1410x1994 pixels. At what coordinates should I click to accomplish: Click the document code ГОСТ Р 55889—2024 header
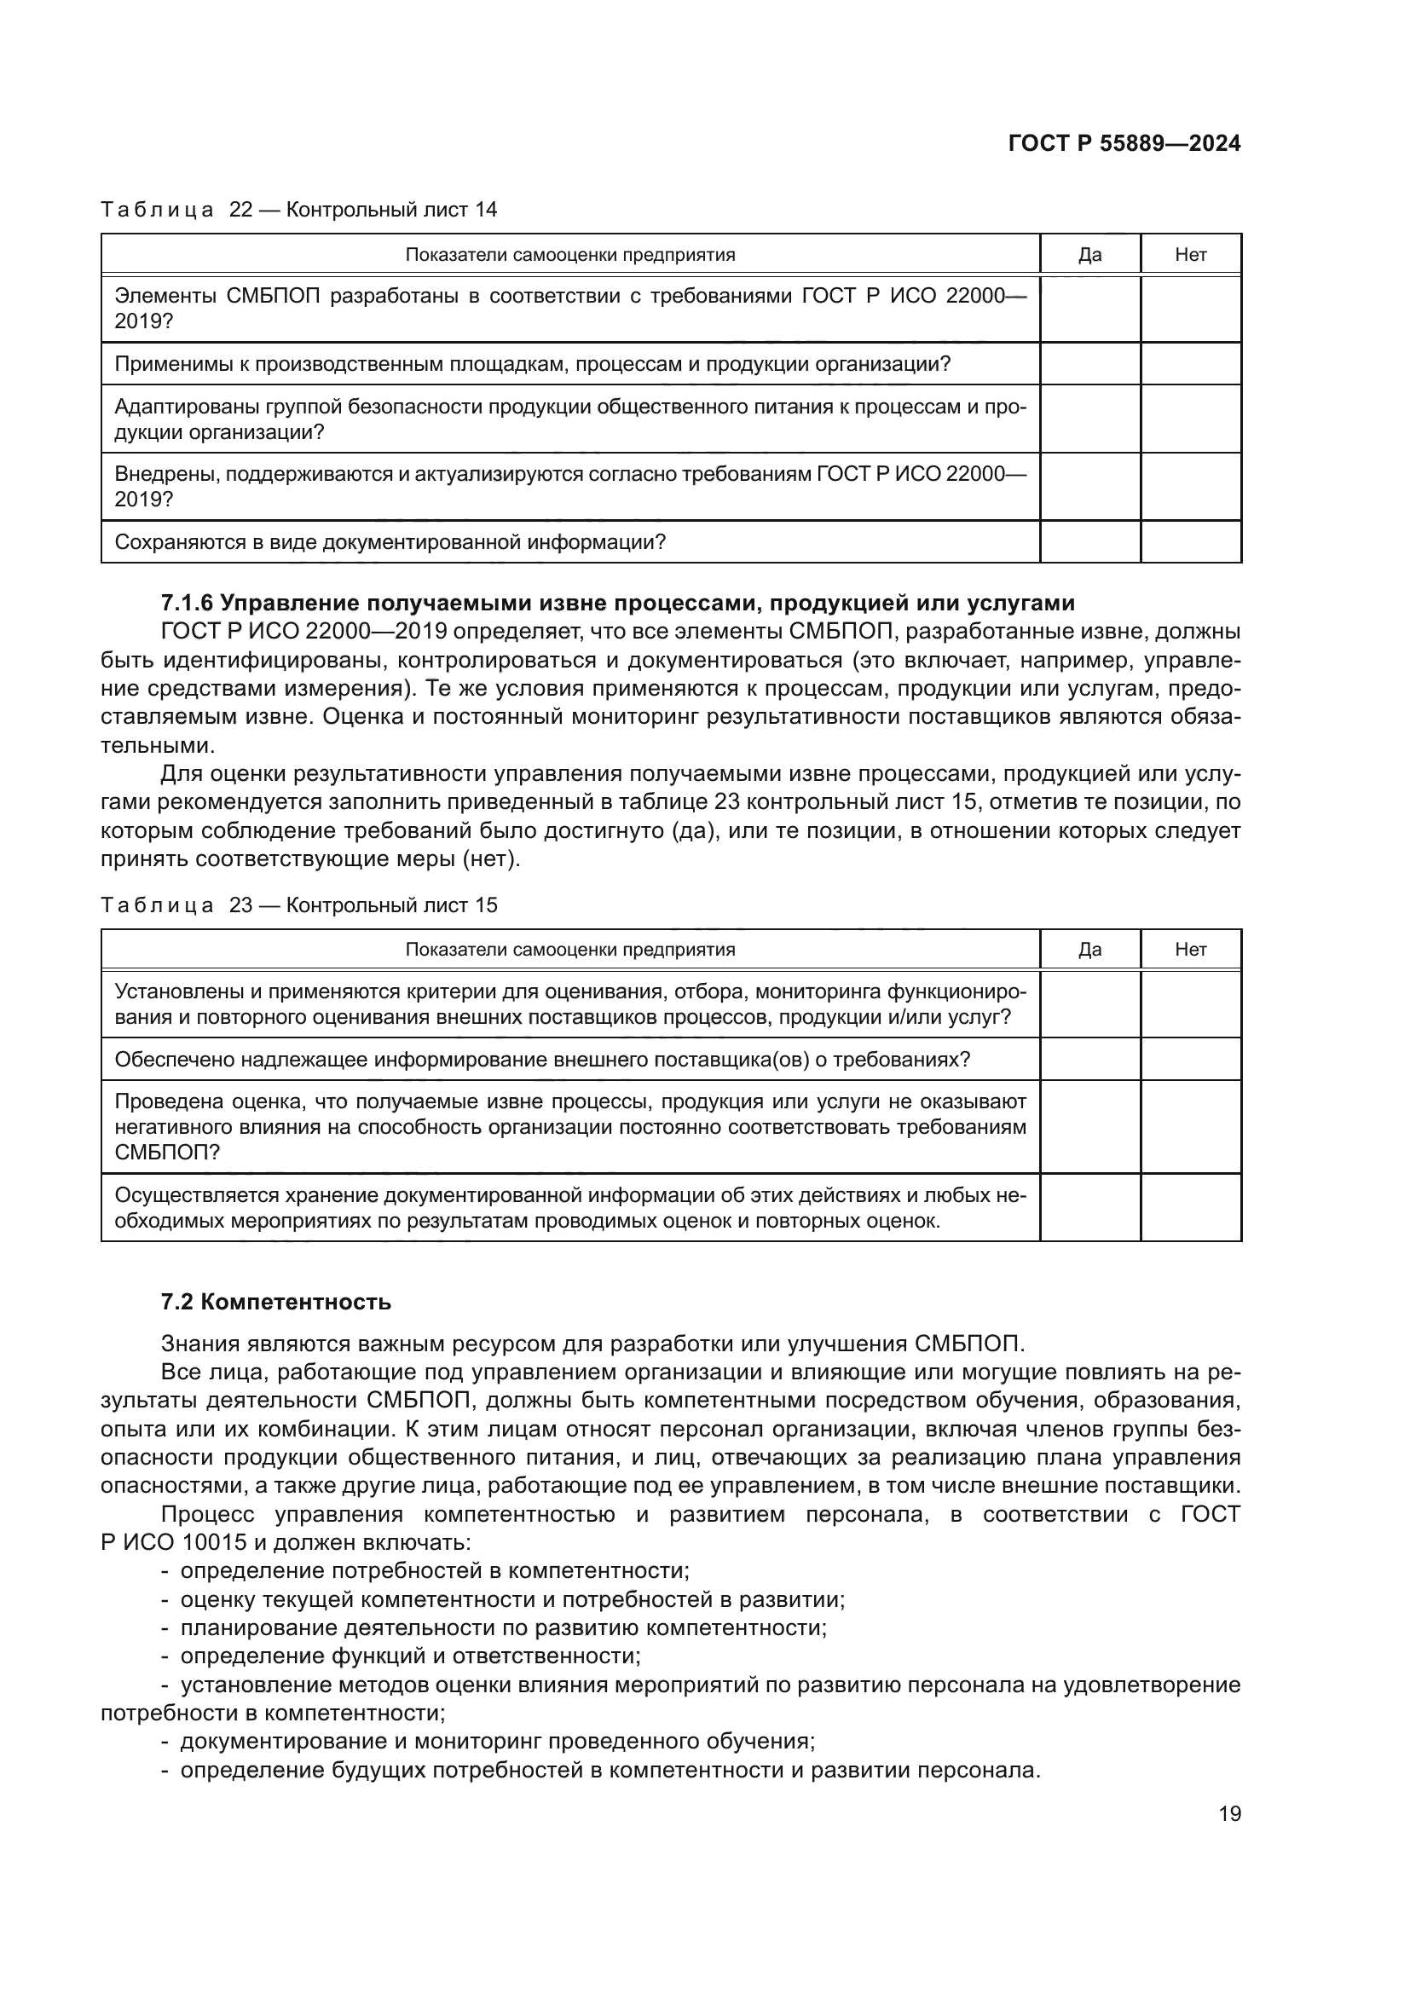coord(1124,144)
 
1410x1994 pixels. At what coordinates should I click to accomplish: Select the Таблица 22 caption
coord(298,210)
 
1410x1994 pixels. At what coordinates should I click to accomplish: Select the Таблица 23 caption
coord(298,905)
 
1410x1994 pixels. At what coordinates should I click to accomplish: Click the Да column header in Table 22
coord(1089,254)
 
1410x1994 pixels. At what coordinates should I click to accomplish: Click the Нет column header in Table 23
coord(1190,949)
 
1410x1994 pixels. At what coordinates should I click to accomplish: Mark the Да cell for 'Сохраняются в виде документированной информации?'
coord(1089,542)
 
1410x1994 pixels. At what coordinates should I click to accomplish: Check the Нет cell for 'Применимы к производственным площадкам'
coord(1190,364)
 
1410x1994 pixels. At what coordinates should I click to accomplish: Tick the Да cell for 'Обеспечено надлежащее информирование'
coord(1089,1060)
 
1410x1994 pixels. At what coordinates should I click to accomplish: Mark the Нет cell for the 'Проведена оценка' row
coord(1190,1126)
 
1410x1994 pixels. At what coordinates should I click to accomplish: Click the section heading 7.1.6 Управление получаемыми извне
coord(617,603)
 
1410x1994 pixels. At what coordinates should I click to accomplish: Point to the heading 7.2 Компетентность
coord(276,1302)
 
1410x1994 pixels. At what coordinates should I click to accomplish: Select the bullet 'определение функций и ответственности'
coord(410,1656)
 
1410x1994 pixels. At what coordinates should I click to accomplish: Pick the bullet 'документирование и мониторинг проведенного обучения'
coord(497,1741)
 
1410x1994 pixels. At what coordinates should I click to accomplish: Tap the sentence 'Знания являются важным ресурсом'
coord(592,1344)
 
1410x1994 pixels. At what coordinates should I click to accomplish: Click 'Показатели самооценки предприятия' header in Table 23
coord(569,949)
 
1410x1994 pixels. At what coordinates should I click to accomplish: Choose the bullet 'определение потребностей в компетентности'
coord(434,1570)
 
